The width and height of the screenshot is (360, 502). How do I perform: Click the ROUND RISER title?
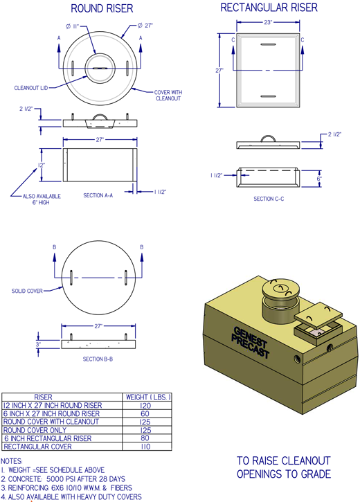pyautogui.click(x=102, y=8)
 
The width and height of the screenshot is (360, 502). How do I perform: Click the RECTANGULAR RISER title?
pyautogui.click(x=269, y=8)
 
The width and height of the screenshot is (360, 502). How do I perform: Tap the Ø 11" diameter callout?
pyautogui.click(x=72, y=26)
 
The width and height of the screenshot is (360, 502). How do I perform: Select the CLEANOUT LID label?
pyautogui.click(x=30, y=88)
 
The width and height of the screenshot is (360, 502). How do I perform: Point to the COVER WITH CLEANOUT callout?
pyautogui.click(x=168, y=96)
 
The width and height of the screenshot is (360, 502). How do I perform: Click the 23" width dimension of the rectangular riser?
pyautogui.click(x=268, y=22)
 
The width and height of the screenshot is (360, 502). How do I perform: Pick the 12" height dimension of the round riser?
pyautogui.click(x=42, y=165)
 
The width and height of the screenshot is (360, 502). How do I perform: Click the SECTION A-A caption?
pyautogui.click(x=98, y=195)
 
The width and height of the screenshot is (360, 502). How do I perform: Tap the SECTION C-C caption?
pyautogui.click(x=269, y=199)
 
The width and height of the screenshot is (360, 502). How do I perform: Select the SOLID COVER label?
pyautogui.click(x=27, y=291)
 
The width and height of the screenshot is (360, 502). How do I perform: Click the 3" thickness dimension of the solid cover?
pyautogui.click(x=38, y=345)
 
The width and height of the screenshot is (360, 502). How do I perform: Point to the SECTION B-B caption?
pyautogui.click(x=98, y=359)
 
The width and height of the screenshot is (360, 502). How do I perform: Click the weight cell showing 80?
pyautogui.click(x=145, y=438)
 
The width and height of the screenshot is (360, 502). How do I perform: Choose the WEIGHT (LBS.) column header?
pyautogui.click(x=148, y=397)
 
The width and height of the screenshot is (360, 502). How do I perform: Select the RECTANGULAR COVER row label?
pyautogui.click(x=37, y=447)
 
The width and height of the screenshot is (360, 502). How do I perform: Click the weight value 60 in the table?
pyautogui.click(x=145, y=413)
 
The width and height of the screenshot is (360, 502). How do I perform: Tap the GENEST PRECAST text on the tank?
pyautogui.click(x=251, y=342)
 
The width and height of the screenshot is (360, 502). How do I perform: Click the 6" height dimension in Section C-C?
pyautogui.click(x=319, y=179)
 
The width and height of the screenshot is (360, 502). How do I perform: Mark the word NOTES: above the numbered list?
pyautogui.click(x=12, y=461)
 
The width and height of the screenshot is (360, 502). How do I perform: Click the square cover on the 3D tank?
pyautogui.click(x=318, y=315)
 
